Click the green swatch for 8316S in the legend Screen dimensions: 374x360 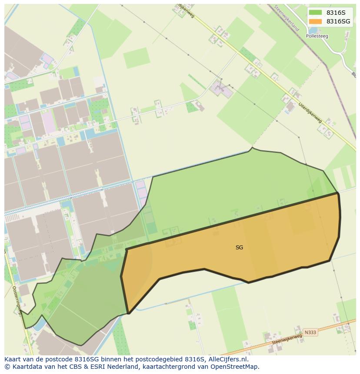click(x=315, y=13)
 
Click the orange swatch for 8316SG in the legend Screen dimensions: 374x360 click(x=315, y=21)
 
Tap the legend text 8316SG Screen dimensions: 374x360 click(x=338, y=21)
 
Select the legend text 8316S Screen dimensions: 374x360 click(x=336, y=13)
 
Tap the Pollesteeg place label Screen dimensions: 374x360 click(x=317, y=36)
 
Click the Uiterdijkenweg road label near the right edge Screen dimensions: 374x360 click(x=310, y=112)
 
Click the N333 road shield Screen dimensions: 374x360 click(x=310, y=332)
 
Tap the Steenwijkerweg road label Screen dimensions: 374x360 click(x=287, y=340)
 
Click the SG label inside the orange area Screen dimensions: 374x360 click(x=239, y=248)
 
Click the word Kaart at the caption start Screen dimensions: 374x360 click(x=13, y=359)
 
